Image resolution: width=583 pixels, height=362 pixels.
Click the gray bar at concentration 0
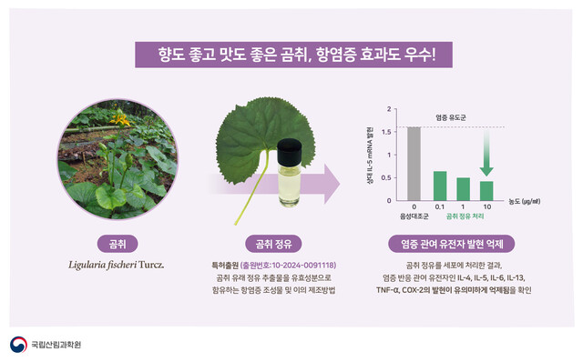(414, 163)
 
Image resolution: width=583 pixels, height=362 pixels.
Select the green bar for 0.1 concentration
(439, 185)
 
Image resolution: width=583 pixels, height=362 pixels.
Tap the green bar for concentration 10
(487, 190)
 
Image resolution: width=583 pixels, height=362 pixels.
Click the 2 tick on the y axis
(391, 109)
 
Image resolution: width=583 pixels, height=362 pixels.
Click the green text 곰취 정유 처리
(464, 216)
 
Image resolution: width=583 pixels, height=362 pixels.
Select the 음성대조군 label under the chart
(414, 216)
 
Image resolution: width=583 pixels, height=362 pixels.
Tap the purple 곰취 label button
(117, 244)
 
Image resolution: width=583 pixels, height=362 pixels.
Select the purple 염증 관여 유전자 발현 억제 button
(452, 244)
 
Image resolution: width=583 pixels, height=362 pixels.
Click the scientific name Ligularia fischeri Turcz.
(117, 265)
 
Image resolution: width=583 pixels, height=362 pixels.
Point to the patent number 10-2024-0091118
(292, 265)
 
